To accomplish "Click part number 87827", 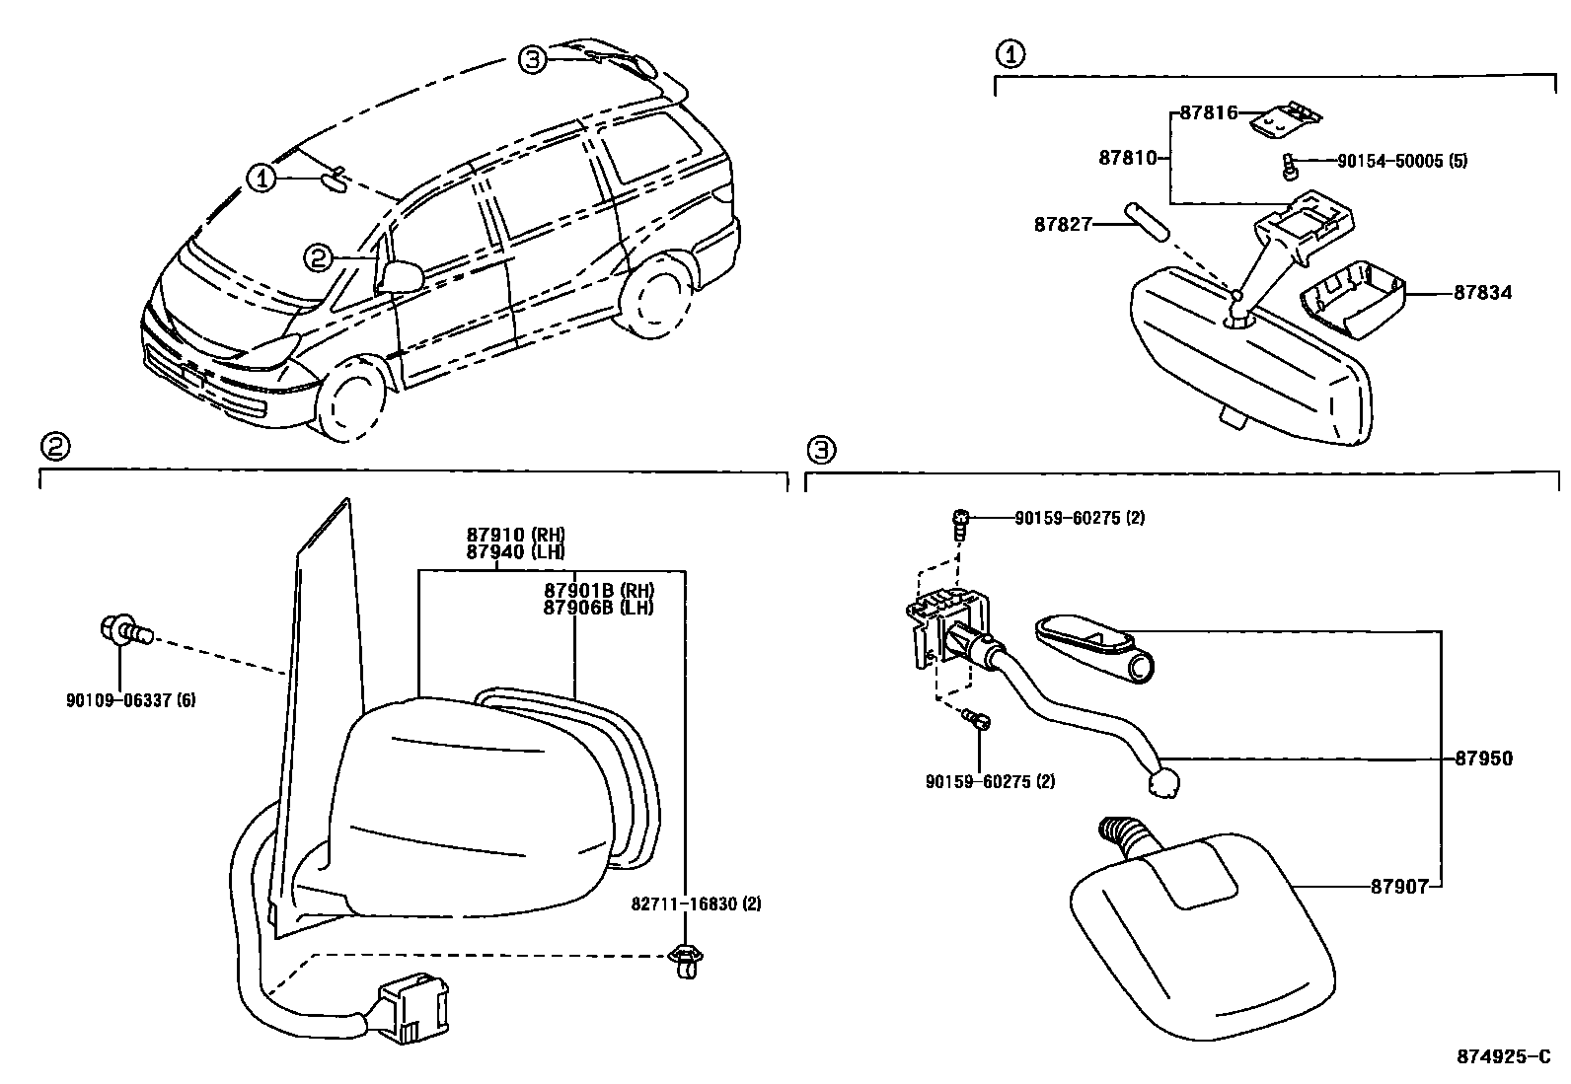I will coord(1063,225).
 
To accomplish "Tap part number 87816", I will coord(1208,113).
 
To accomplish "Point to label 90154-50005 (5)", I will coord(1401,161).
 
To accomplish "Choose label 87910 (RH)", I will coord(515,536).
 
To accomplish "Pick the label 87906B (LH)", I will coord(599,608).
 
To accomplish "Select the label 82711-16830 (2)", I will coord(698,903).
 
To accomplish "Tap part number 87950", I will coord(1483,759).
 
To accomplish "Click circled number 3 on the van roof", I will coord(532,60).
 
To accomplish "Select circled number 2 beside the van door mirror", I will coord(317,258).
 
